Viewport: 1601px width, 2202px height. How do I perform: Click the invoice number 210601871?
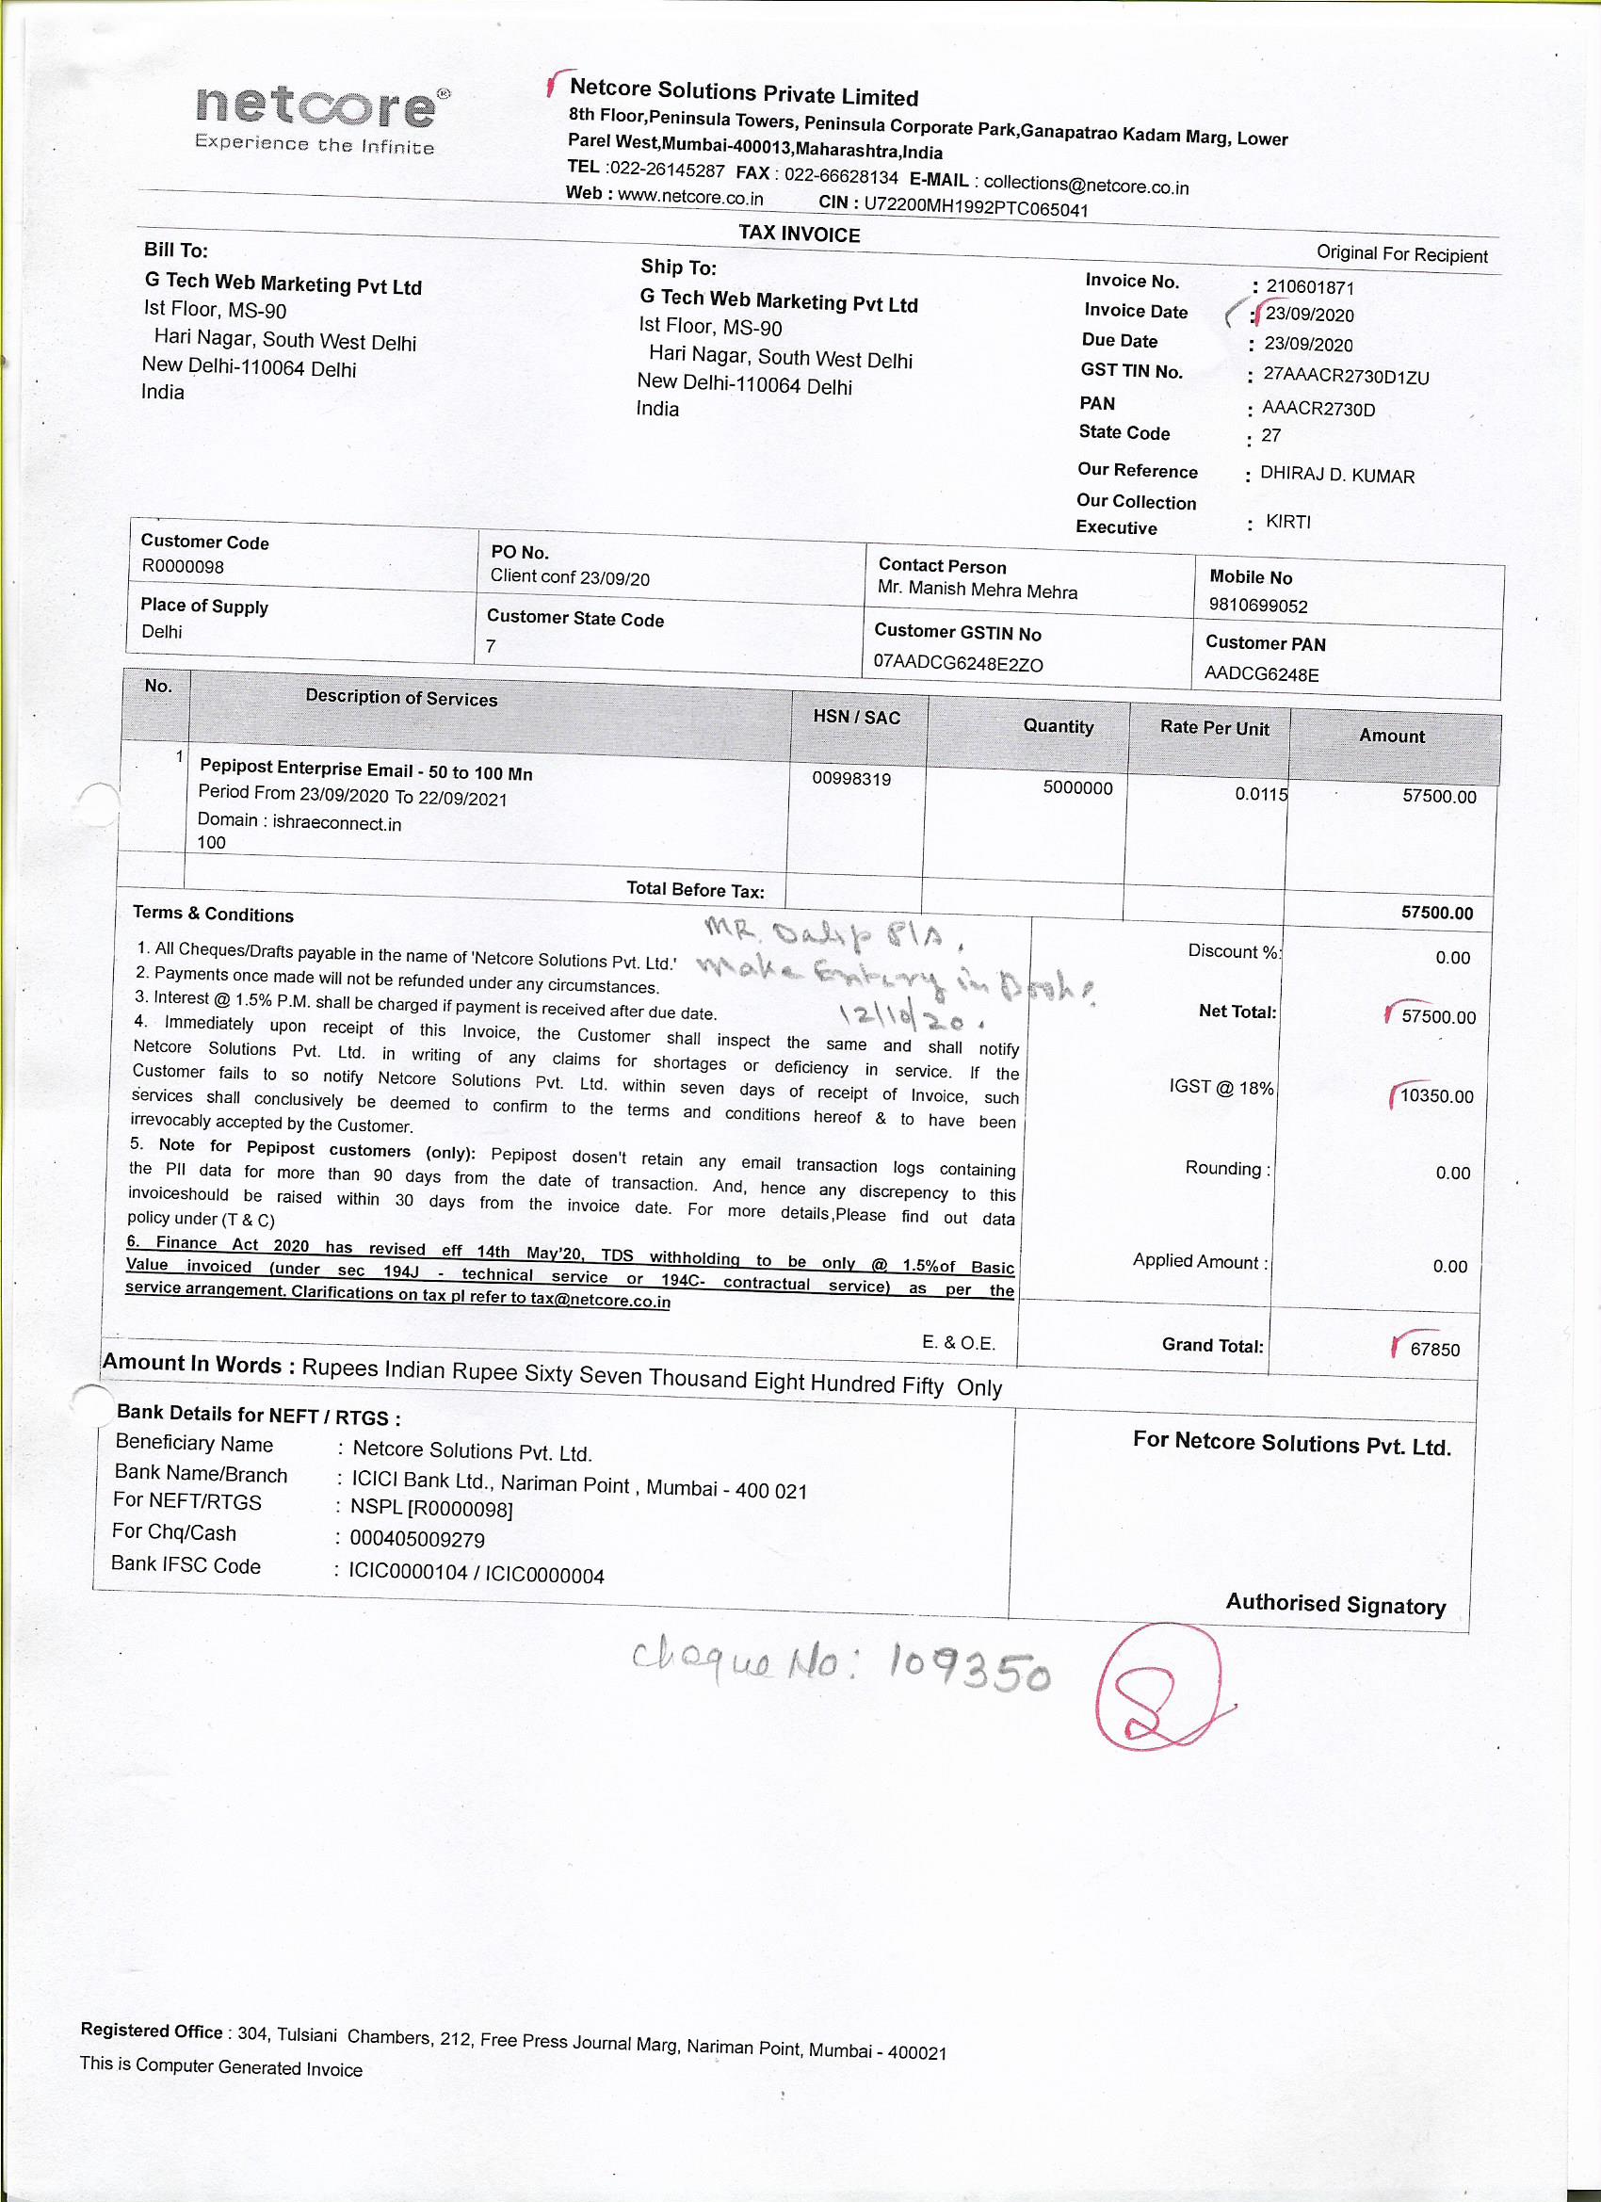click(x=1310, y=287)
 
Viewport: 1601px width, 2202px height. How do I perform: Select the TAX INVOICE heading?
click(x=799, y=234)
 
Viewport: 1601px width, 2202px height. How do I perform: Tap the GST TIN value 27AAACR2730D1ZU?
click(x=1346, y=377)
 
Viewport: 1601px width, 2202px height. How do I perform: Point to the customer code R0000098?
click(x=183, y=566)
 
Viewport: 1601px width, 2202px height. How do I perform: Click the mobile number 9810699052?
click(x=1258, y=606)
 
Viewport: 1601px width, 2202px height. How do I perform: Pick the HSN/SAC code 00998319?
click(x=851, y=779)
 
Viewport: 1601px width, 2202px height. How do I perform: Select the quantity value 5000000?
click(x=1077, y=787)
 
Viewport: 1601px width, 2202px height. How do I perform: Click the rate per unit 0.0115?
click(x=1261, y=794)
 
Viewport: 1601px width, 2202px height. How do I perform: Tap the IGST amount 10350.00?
click(x=1436, y=1096)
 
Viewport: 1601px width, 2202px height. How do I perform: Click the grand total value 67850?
click(x=1435, y=1349)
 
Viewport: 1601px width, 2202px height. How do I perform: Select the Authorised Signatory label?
click(x=1335, y=1604)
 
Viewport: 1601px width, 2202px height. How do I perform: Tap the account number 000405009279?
click(x=417, y=1539)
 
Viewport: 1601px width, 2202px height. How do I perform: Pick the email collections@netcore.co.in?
click(x=1086, y=185)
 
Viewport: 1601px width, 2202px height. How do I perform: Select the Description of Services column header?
click(x=401, y=697)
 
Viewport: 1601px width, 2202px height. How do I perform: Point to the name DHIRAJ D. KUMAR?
click(x=1337, y=476)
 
